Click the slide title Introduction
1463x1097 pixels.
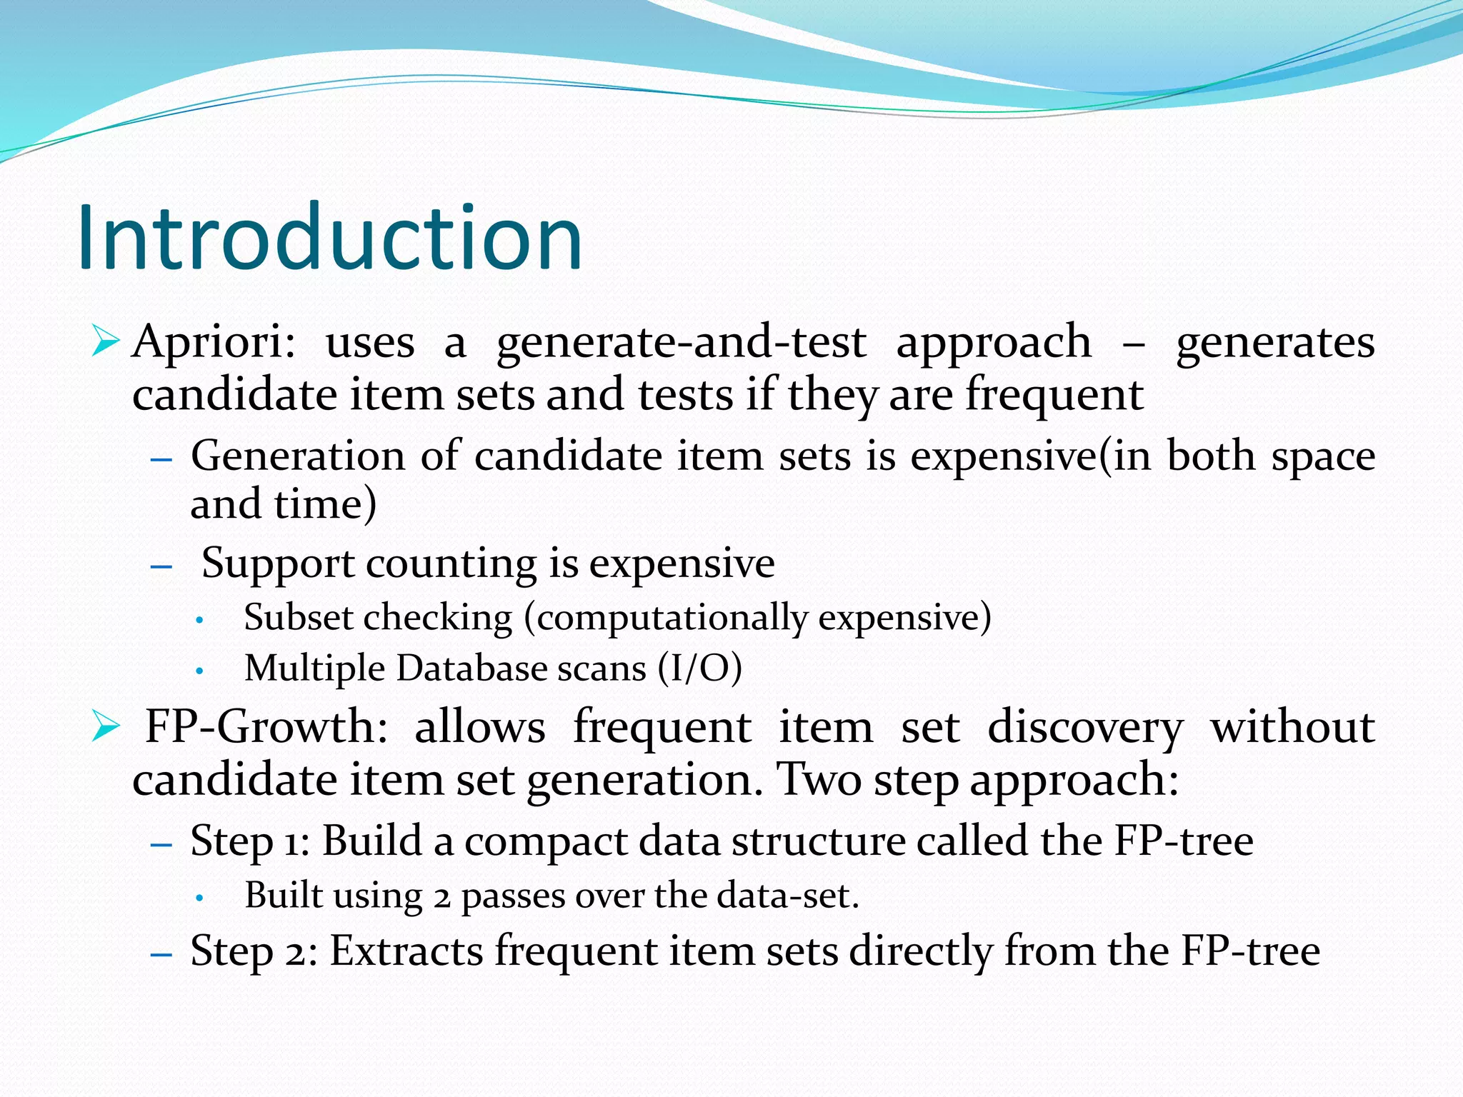pyautogui.click(x=330, y=238)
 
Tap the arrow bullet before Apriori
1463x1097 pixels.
pyautogui.click(x=105, y=341)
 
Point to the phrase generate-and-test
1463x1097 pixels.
pyautogui.click(x=681, y=342)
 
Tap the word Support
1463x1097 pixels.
pyautogui.click(x=278, y=563)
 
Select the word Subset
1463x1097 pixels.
pyautogui.click(x=297, y=617)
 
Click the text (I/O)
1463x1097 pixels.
pyautogui.click(x=699, y=669)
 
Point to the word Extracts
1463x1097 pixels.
pyautogui.click(x=406, y=951)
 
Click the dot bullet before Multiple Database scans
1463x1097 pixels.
pyautogui.click(x=201, y=671)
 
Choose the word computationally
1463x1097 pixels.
pyautogui.click(x=671, y=617)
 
